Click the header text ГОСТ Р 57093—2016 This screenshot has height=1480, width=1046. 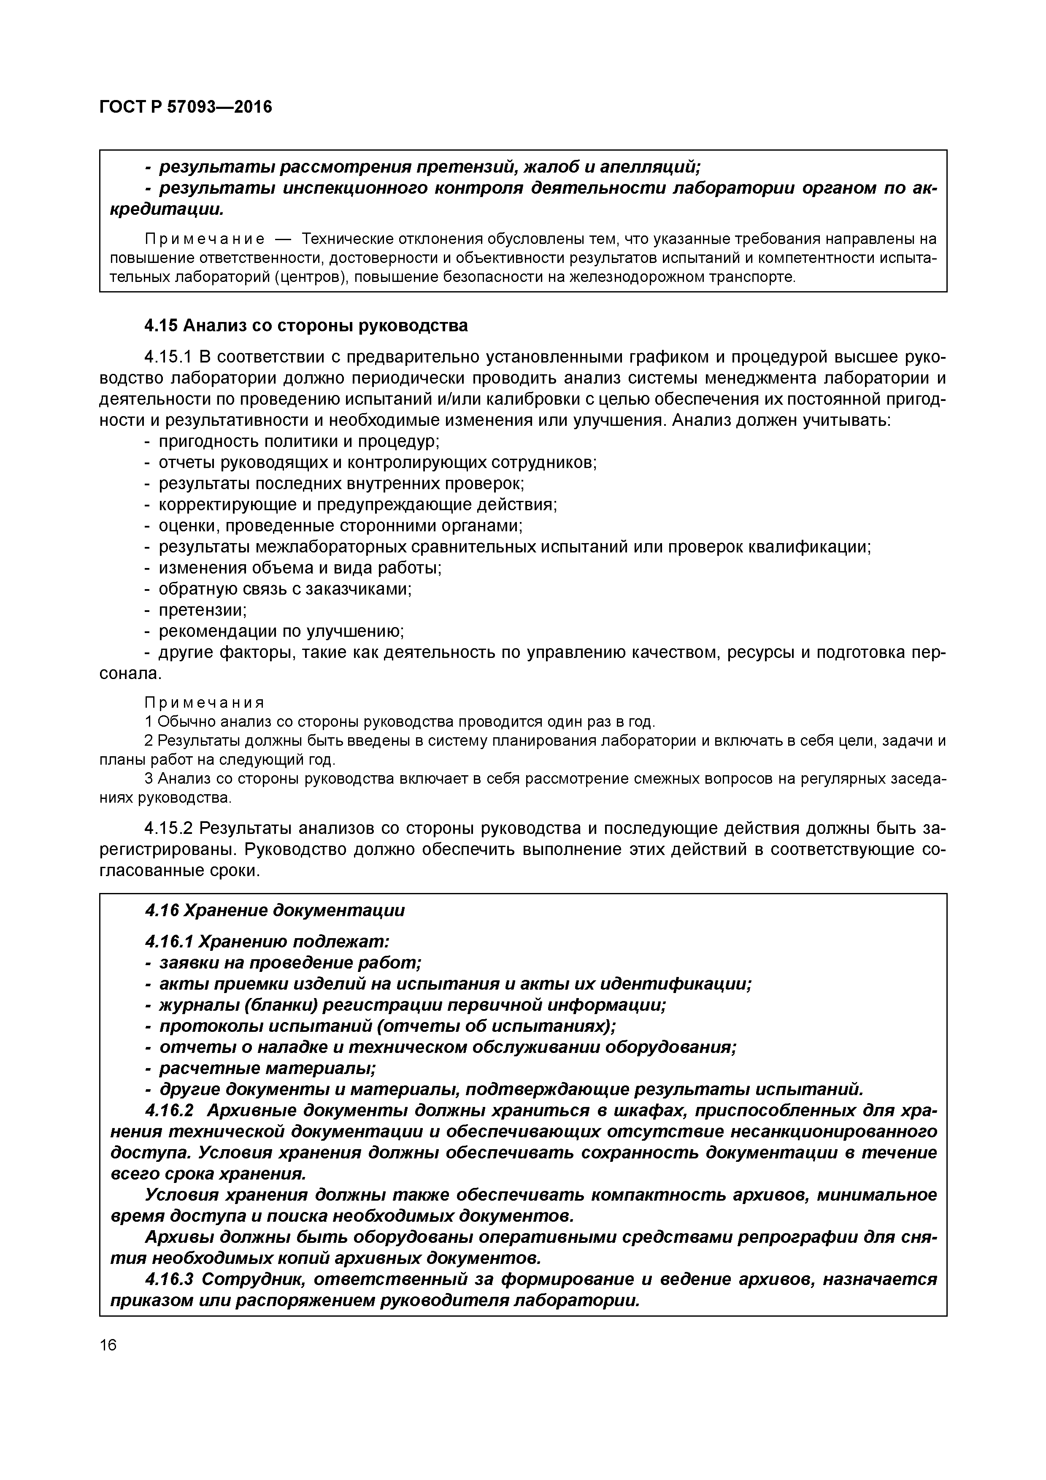tap(186, 107)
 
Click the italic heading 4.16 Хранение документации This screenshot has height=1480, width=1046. tap(275, 911)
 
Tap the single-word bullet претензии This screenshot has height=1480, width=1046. tap(203, 610)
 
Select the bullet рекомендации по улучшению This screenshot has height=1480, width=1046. tap(281, 631)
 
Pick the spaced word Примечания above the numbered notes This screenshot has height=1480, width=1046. tap(204, 703)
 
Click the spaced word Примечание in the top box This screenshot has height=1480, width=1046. tap(204, 239)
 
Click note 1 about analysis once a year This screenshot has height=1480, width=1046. tap(400, 721)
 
